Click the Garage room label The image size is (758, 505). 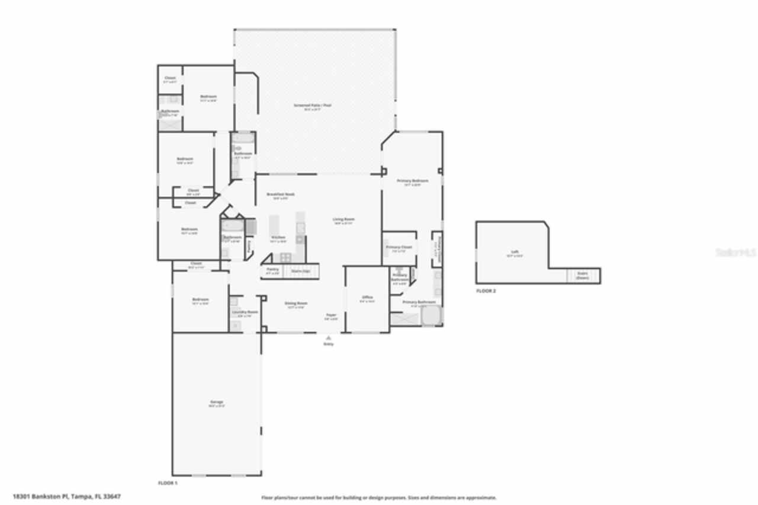click(217, 402)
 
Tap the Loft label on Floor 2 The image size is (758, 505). click(515, 252)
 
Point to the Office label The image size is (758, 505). click(367, 297)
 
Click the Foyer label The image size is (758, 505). click(331, 315)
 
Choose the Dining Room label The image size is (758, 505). click(296, 303)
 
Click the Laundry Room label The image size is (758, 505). click(244, 312)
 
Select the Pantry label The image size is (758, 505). click(272, 269)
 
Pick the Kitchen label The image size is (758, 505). click(278, 237)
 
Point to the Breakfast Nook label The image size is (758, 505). click(281, 194)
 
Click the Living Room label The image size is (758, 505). click(343, 219)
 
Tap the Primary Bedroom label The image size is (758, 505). click(412, 180)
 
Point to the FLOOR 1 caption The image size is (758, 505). click(168, 483)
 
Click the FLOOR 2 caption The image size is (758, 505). click(486, 291)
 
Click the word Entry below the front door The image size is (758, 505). click(328, 344)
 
